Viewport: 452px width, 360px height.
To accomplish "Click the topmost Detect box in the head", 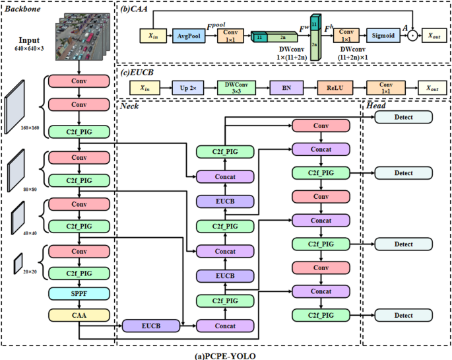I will coord(403,117).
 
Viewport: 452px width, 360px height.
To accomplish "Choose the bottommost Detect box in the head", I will coord(403,316).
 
